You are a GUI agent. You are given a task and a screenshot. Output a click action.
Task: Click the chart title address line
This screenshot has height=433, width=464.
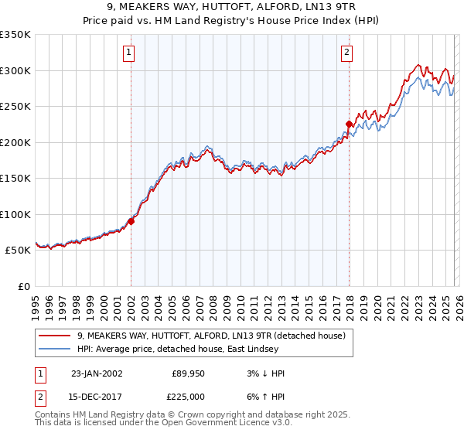pos(231,7)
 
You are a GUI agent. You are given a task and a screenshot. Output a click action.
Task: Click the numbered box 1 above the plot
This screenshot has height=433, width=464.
pos(128,53)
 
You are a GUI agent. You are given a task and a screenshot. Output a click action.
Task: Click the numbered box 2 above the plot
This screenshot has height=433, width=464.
pos(346,53)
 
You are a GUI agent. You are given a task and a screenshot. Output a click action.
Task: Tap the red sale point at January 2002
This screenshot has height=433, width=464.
pos(131,221)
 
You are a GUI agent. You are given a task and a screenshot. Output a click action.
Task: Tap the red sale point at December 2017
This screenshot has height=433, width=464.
pos(349,124)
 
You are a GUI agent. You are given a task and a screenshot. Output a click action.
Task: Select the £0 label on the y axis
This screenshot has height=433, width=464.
pos(23,286)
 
